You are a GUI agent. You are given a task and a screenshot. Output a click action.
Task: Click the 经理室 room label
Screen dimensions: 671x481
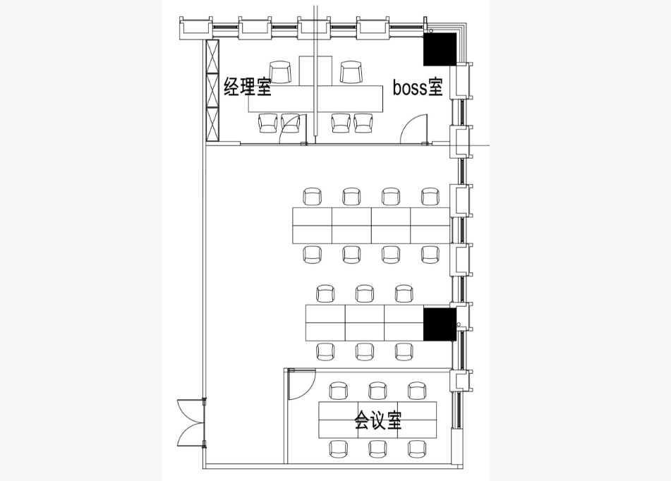[248, 86]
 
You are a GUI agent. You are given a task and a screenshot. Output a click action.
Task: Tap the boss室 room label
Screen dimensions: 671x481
[418, 87]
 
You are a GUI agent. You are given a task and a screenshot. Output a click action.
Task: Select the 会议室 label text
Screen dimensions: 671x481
[378, 420]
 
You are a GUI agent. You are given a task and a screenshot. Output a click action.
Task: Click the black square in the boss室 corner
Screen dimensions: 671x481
[440, 49]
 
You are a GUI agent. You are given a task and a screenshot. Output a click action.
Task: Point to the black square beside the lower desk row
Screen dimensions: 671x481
[440, 324]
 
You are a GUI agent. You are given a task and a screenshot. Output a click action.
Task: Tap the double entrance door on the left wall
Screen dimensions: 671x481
[191, 423]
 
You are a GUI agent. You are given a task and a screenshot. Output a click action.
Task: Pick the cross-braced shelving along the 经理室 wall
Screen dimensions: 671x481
[212, 91]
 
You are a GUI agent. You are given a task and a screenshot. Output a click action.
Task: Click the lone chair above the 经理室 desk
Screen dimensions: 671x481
[280, 72]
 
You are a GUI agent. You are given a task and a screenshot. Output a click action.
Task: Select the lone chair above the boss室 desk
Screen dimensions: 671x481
[351, 72]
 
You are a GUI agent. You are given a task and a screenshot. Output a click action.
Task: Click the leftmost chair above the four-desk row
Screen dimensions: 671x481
[313, 197]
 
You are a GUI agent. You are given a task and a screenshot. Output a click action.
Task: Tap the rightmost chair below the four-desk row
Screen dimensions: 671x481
[430, 254]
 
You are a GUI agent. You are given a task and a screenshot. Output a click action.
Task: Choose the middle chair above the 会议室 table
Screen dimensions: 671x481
[377, 391]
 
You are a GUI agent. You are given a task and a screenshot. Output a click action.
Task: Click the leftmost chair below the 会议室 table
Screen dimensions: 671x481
[339, 449]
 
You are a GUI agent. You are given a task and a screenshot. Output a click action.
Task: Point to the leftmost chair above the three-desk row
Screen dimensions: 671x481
[326, 293]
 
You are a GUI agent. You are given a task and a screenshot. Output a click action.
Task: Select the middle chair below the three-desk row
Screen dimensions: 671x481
[365, 351]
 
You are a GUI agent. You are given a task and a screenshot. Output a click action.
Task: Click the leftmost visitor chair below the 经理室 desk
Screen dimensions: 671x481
[268, 123]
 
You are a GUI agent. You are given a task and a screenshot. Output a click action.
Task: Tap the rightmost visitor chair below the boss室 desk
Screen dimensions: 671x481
[363, 123]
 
